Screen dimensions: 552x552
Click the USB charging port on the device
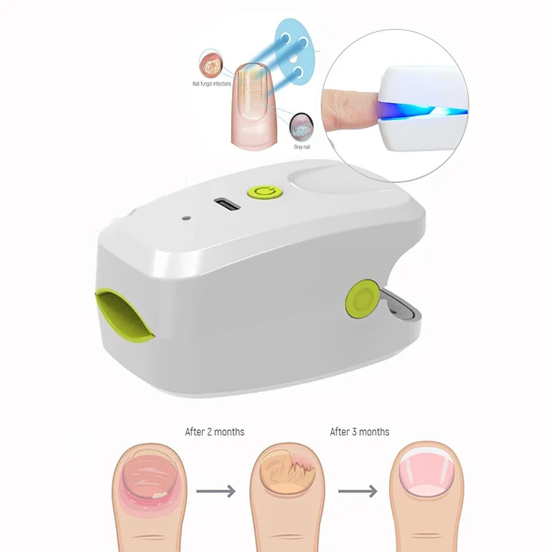point(227,204)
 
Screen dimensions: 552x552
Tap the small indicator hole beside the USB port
point(186,219)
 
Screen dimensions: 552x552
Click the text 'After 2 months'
point(215,432)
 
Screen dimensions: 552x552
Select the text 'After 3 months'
point(359,432)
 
